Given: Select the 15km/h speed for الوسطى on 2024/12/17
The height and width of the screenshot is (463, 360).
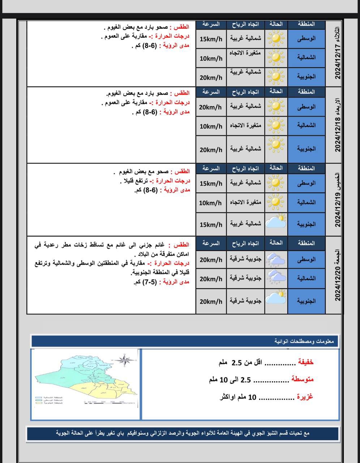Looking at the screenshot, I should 211,39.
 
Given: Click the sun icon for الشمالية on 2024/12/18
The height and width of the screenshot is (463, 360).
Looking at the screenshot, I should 277,125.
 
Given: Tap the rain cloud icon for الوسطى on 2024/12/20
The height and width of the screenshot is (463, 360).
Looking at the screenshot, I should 276,259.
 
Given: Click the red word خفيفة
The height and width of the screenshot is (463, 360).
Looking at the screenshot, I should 305,362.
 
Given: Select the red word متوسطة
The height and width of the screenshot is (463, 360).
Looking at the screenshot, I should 303,379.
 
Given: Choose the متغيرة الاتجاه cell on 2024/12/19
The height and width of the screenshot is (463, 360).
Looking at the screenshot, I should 245,202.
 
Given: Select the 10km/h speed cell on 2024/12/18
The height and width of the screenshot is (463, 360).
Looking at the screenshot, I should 211,126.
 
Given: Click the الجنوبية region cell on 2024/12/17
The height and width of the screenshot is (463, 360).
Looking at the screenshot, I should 306,76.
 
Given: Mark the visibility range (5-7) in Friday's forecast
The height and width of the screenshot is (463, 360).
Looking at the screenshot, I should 150,282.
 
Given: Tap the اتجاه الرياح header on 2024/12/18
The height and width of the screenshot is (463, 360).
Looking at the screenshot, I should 245,92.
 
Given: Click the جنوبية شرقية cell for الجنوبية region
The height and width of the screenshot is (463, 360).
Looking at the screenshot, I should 245,301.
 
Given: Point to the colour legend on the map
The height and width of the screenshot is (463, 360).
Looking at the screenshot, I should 49,400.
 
